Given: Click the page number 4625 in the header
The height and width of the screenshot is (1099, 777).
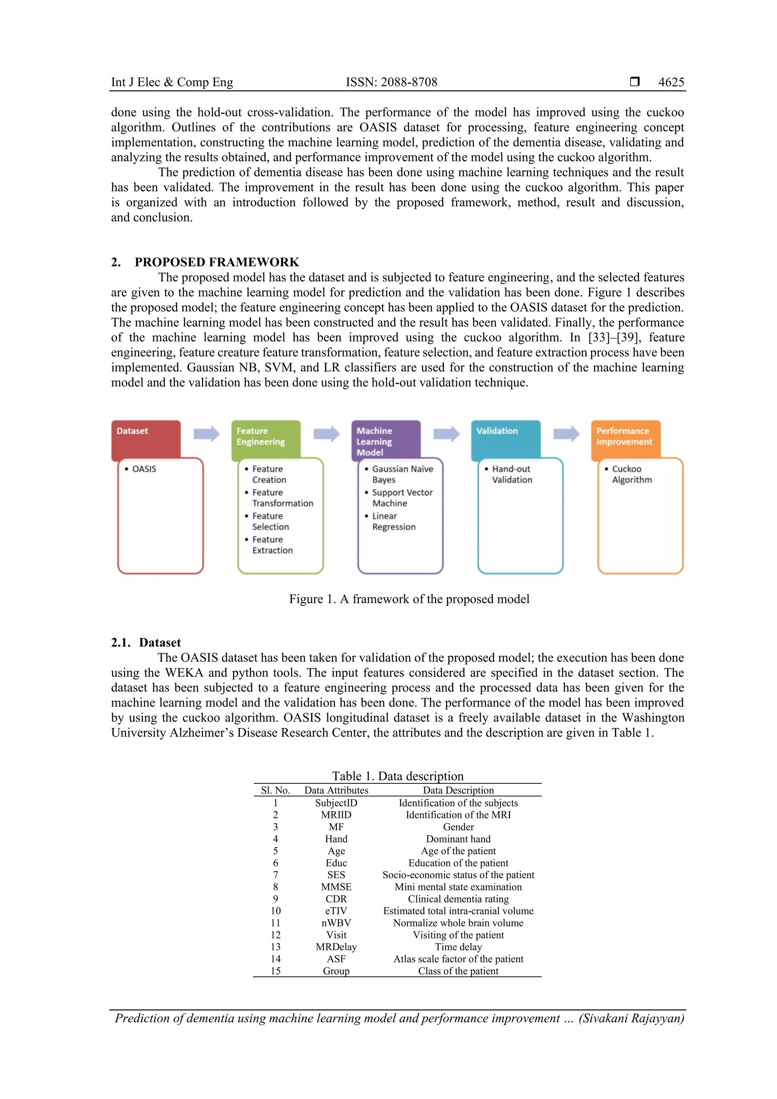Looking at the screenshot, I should coord(671,82).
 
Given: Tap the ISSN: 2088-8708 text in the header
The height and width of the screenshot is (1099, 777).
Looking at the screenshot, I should coord(391,82).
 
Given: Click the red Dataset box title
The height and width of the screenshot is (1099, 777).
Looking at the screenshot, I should coord(133,431).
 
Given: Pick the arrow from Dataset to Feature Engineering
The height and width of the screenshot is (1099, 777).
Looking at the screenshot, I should coord(206,434).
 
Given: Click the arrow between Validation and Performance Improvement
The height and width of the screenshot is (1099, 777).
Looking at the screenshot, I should coord(566,434).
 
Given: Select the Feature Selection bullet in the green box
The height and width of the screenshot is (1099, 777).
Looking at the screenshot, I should coord(270,521).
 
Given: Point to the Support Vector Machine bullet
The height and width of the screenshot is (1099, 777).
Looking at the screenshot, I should coord(402,498).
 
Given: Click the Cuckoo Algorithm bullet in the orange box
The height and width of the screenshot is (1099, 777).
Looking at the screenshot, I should coord(631,474).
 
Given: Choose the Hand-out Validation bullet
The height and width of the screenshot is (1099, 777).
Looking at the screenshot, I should coord(511,474).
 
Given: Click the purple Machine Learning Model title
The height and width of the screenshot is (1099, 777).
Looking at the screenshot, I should coord(374,441).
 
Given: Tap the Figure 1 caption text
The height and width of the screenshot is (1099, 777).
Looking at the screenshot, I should coord(409,599).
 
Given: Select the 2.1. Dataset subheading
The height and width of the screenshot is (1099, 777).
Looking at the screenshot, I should coord(146,643).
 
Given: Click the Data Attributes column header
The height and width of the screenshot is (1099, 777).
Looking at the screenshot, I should coord(336,790).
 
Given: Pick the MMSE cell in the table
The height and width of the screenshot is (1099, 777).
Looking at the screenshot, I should coord(336,887).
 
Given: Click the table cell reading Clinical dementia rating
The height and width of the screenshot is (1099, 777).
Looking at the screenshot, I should coord(458,899).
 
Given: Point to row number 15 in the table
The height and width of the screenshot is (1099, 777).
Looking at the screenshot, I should coord(275,971).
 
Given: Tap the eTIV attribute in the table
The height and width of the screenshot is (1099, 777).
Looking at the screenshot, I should coord(336,911).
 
